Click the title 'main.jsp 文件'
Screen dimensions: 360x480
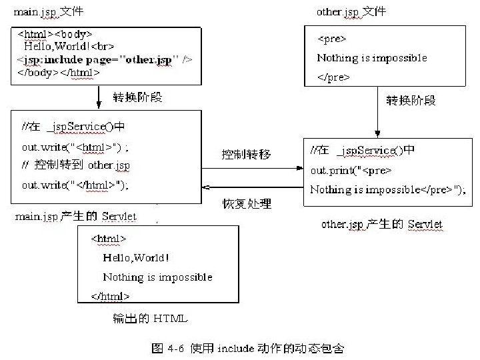coord(49,12)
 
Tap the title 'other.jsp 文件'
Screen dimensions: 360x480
coord(351,12)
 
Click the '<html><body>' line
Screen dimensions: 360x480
coord(54,33)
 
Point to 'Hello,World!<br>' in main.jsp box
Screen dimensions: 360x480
coord(69,47)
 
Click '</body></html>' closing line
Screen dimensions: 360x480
coord(58,73)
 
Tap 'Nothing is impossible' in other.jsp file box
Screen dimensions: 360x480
coord(372,58)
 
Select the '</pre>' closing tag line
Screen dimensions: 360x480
coord(333,77)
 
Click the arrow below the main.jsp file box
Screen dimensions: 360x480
coord(99,97)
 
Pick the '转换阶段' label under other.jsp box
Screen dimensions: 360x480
coord(411,100)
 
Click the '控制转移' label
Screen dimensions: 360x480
coord(247,154)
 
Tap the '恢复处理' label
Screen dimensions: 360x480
coord(247,203)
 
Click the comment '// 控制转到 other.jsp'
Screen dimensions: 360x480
coord(75,165)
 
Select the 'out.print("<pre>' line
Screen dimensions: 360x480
coord(351,170)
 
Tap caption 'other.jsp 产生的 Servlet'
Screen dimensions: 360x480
coord(381,225)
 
